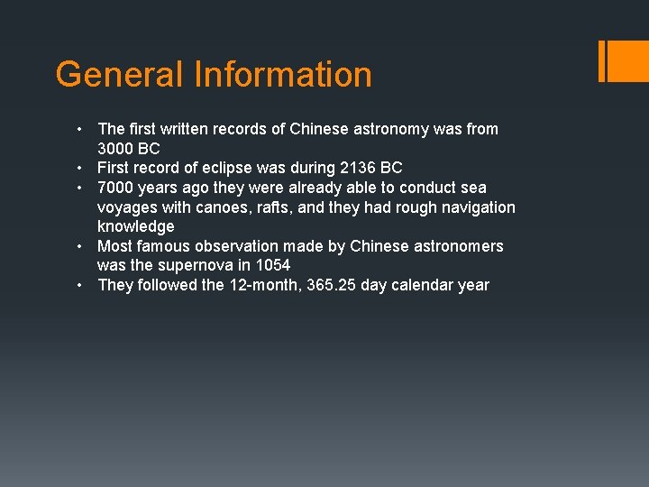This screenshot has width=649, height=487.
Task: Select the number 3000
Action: click(116, 149)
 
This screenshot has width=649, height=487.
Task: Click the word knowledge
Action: click(135, 226)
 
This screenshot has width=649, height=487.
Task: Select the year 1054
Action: click(272, 265)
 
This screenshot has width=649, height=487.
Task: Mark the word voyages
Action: click(125, 207)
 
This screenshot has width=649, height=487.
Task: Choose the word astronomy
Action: click(379, 129)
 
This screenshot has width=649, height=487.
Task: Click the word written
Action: click(187, 129)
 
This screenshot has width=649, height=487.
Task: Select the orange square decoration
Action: click(628, 61)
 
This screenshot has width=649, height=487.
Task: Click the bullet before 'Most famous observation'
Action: click(81, 246)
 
